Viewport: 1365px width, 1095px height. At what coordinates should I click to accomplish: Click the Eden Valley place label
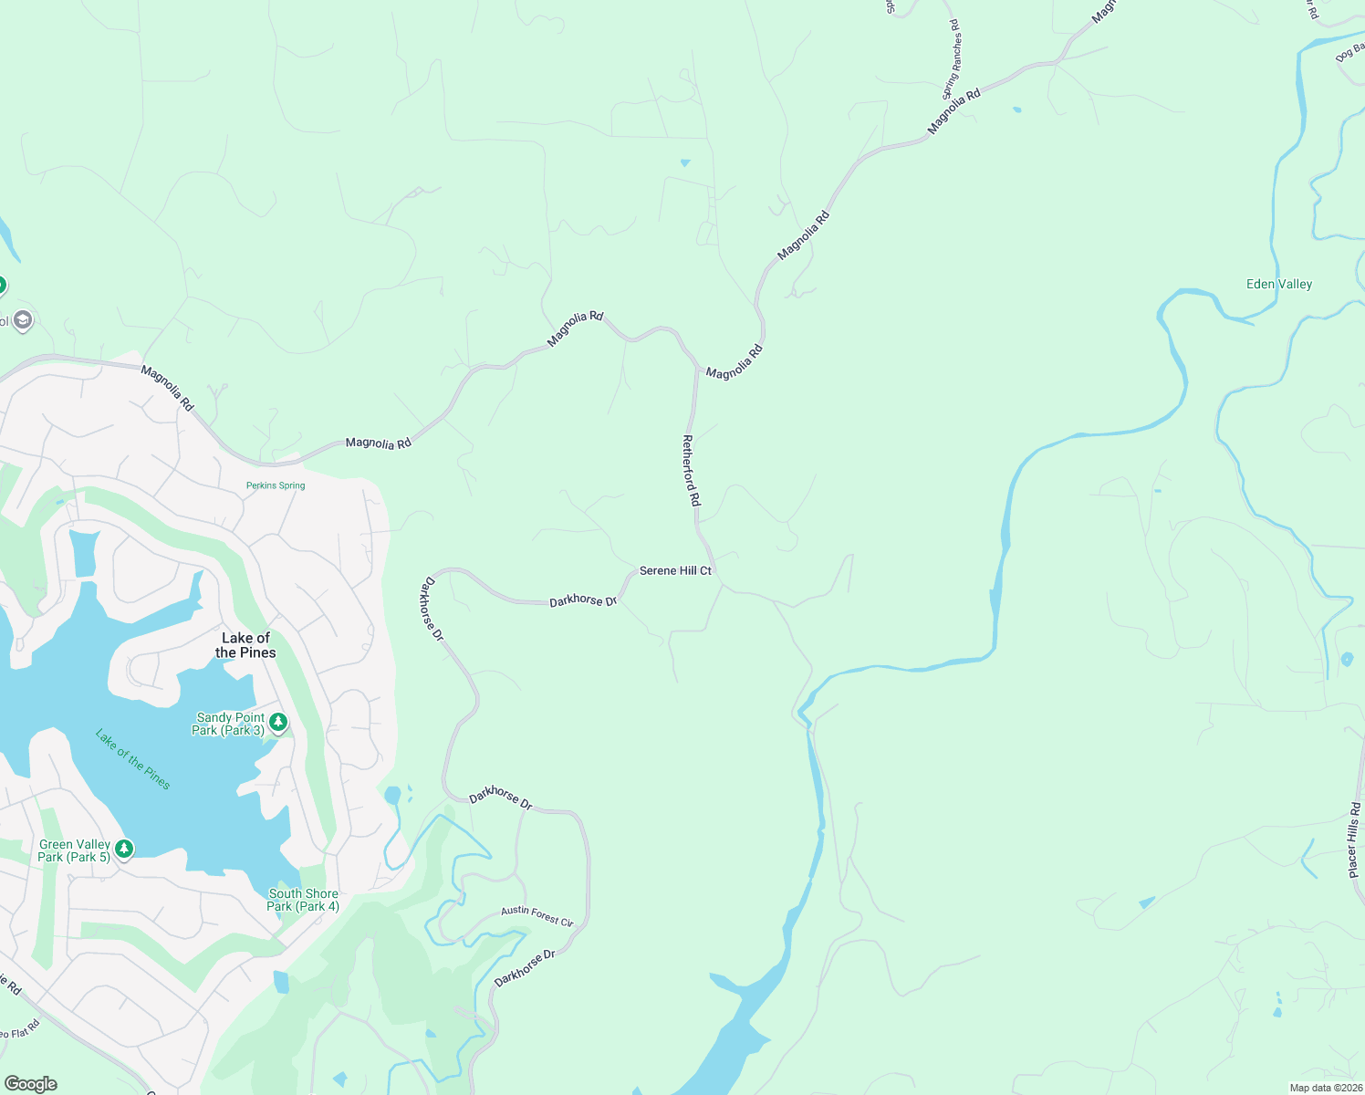coord(1279,285)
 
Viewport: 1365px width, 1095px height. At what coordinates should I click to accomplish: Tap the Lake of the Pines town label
coord(245,645)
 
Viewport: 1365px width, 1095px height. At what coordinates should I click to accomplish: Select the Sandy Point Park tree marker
coord(279,723)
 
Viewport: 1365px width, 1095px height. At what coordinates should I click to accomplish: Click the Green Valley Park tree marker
coord(124,850)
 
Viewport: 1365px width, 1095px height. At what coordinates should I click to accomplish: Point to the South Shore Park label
coord(303,901)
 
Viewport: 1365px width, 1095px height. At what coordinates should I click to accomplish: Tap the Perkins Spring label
coord(276,485)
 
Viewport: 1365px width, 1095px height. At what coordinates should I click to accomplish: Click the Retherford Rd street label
coord(692,471)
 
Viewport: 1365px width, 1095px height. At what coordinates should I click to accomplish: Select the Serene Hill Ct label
coord(675,570)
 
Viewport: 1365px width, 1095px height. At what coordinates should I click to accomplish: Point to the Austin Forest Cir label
coord(537,916)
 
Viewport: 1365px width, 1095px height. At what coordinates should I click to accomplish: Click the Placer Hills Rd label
coord(1354,840)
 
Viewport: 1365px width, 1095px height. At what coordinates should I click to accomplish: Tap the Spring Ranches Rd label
coord(952,59)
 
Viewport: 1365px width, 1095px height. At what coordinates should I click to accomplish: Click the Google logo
coord(30,1084)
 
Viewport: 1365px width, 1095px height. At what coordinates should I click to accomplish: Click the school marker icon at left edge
coord(23,320)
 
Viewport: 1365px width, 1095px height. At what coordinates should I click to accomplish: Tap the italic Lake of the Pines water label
coord(133,759)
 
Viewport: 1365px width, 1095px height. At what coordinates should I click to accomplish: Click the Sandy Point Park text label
coord(229,724)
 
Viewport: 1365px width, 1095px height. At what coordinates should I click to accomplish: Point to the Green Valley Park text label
coord(74,850)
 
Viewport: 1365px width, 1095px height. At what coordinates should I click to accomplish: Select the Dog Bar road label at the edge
coord(1349,54)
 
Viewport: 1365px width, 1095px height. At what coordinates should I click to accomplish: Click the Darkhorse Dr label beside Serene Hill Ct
coord(583,600)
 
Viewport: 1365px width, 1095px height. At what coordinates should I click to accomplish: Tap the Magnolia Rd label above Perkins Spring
coord(378,443)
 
